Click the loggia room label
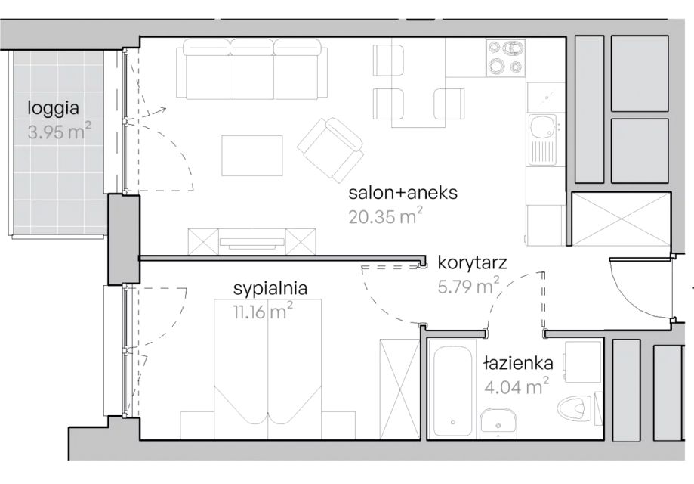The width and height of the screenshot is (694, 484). tap(53, 109)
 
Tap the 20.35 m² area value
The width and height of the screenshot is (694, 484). tap(385, 216)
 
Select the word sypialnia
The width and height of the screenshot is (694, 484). tap(270, 289)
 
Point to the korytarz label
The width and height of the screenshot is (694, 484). tap(472, 263)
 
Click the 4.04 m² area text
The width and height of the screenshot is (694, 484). tap(517, 386)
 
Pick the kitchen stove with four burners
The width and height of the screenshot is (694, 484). tap(505, 57)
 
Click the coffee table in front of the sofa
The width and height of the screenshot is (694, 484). tap(251, 156)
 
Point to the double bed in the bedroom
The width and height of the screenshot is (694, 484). tap(267, 369)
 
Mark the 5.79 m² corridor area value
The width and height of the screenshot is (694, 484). tap(469, 286)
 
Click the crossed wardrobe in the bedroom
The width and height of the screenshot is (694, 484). tap(399, 389)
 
